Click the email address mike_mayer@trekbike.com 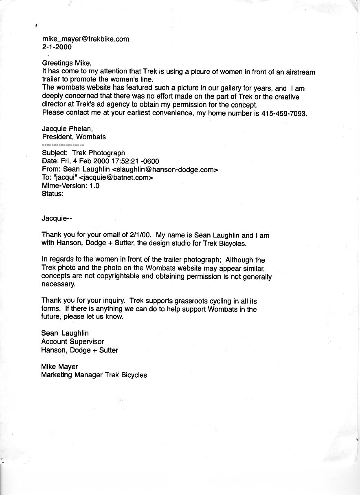pos(86,39)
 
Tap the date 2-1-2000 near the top pos(57,47)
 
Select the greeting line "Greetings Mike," pos(67,63)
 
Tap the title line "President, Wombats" pos(74,137)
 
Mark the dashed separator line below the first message pos(63,145)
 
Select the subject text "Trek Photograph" pos(98,153)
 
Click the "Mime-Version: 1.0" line pos(70,186)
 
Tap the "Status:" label pos(53,194)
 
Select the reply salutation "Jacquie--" pos(57,218)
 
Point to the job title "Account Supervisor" pos(72,341)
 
